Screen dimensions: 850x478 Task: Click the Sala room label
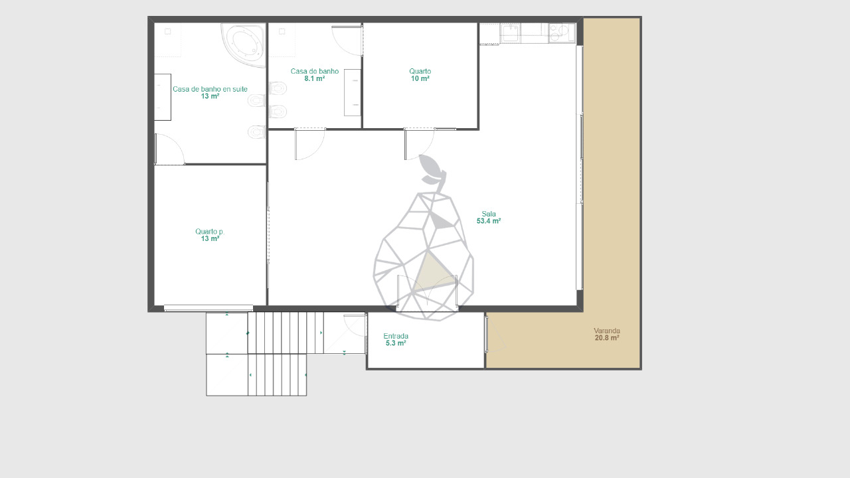489,214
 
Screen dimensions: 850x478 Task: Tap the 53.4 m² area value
489,221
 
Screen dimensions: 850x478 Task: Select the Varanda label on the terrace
607,331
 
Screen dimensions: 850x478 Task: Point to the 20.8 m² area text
607,338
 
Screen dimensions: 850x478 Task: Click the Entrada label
396,336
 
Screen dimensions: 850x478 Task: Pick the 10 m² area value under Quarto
420,78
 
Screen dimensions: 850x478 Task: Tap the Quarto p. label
210,232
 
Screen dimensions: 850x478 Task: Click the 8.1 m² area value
315,78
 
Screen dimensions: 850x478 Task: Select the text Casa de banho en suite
210,89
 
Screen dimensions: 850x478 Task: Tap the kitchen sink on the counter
511,33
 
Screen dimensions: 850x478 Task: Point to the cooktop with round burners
562,33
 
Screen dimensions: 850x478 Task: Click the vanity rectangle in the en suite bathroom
163,97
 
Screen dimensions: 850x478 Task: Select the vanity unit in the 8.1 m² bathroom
353,92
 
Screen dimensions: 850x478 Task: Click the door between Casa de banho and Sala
310,144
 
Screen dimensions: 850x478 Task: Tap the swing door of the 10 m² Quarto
419,144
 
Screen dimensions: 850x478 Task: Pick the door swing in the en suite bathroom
169,149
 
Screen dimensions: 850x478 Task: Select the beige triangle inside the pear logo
433,272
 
